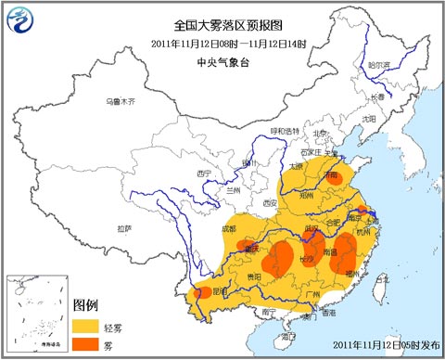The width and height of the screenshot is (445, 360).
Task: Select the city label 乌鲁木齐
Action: (x=121, y=100)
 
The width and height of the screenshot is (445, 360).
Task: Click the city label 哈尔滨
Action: (x=379, y=66)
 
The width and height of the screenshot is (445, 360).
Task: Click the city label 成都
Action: (x=229, y=225)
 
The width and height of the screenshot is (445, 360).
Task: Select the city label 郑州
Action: (x=308, y=196)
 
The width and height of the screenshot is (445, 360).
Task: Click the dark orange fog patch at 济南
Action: (x=332, y=178)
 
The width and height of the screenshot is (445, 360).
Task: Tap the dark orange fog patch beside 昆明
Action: (x=201, y=293)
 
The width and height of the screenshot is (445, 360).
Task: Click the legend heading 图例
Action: (x=85, y=305)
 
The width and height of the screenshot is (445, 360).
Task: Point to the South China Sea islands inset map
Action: (x=36, y=315)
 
